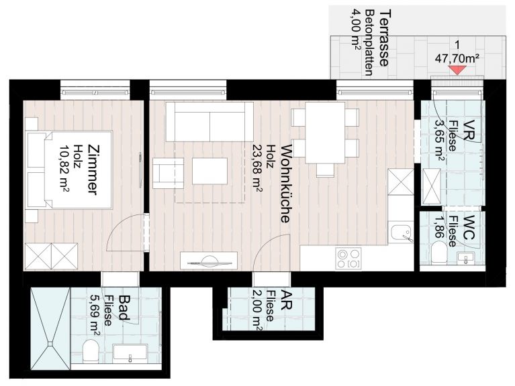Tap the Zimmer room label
pos(93,170)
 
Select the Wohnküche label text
pos(285,183)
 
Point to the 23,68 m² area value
pos(257,168)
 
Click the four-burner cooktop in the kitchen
pos(348,259)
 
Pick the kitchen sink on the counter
pos(401,233)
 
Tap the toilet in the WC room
pos(438,253)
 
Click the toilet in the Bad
pos(91,351)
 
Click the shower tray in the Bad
pos(50,328)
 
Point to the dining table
pos(325,133)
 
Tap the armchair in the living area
pos(168,173)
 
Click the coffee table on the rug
pos(210,171)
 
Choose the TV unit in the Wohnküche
pos(209,260)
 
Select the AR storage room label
pos(285,300)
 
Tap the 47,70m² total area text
pos(457,59)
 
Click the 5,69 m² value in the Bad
pos(95,315)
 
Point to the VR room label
pos(470,131)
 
